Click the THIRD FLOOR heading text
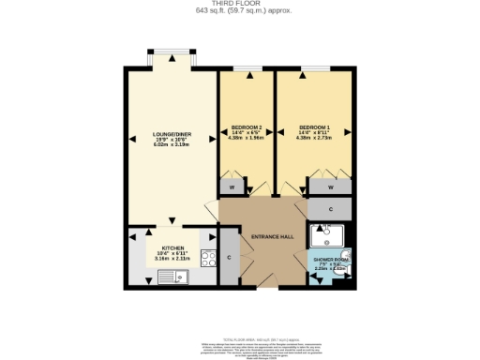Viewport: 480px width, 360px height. point(239,4)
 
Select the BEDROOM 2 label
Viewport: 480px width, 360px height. point(246,127)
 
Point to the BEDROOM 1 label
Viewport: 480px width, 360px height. point(314,127)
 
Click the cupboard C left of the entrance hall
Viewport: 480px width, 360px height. point(229,258)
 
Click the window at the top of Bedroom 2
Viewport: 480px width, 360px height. point(247,68)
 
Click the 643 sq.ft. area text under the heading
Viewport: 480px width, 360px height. point(239,11)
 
